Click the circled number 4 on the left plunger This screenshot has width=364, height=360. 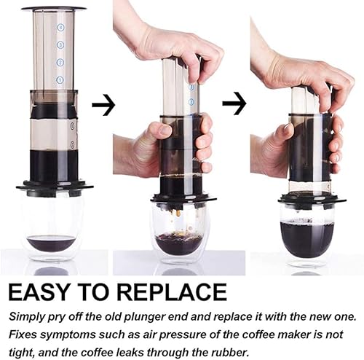(60, 28)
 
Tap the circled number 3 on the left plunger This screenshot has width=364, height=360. (60, 45)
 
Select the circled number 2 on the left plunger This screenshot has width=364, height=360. (60, 63)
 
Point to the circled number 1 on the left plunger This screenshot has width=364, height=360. (60, 79)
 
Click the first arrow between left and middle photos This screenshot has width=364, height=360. (103, 105)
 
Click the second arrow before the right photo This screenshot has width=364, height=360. (234, 103)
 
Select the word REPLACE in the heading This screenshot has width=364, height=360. (172, 292)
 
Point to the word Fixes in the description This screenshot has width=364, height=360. (23, 334)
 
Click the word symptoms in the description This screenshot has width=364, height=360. (68, 335)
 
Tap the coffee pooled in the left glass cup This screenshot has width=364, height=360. (51, 243)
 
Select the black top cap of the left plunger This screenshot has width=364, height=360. (54, 9)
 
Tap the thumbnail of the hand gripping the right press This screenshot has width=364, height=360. (287, 126)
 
